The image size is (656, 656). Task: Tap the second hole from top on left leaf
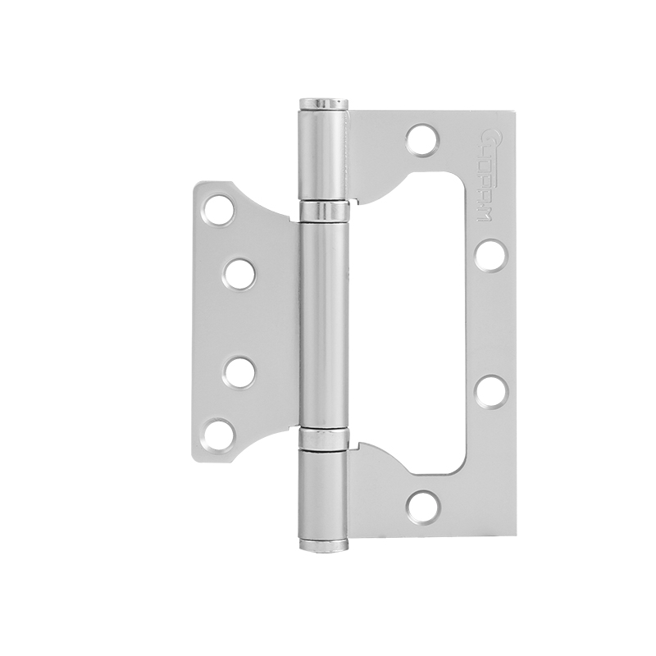click(239, 273)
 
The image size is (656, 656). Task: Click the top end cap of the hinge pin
click(323, 101)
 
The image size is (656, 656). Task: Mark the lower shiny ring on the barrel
click(322, 439)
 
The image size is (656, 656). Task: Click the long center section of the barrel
click(322, 324)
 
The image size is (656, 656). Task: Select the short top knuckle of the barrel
click(323, 156)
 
